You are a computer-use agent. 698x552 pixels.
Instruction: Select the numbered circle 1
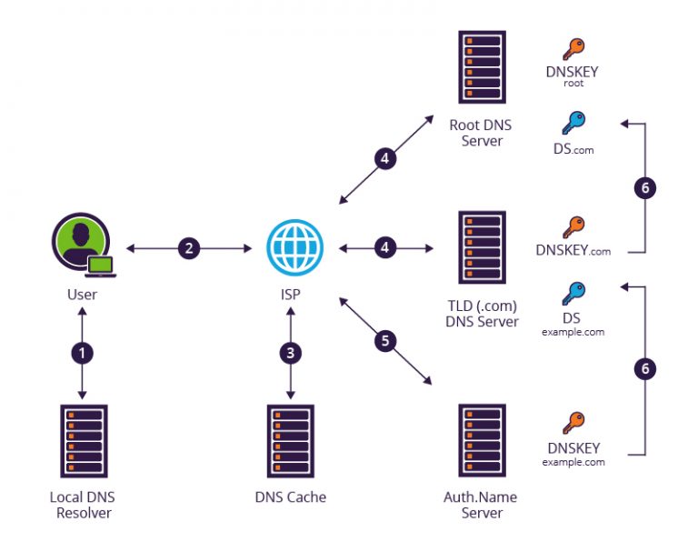coord(83,353)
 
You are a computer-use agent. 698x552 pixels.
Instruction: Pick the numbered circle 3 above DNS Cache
coord(290,353)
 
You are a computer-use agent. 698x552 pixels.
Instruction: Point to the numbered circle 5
coord(384,341)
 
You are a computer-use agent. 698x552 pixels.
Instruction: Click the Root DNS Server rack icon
coord(481,69)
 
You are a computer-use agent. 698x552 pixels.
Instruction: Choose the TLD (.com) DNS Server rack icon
coord(481,248)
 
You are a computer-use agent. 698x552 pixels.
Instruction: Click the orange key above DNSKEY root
coord(573,48)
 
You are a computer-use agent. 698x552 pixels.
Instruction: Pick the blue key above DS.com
coord(573,122)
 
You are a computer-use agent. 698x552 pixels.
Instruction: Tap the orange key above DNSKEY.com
coord(573,227)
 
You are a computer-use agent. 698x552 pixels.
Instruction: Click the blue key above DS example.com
coord(573,293)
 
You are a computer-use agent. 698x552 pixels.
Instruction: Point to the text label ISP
coord(290,295)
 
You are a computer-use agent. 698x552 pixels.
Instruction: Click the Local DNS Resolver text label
coord(83,505)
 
